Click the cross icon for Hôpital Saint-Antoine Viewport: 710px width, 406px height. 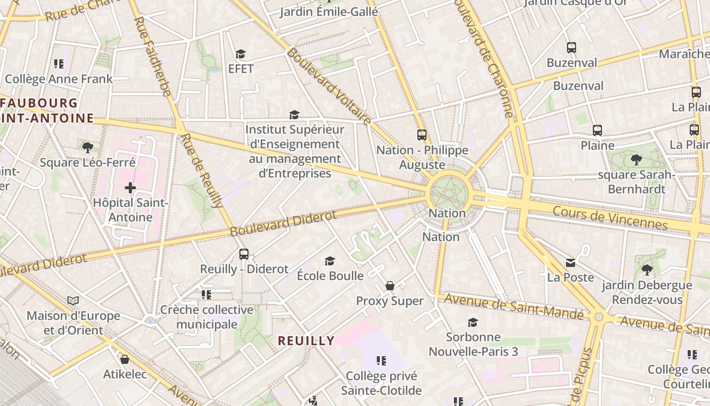tap(130, 188)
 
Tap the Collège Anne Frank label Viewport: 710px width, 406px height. tap(59, 79)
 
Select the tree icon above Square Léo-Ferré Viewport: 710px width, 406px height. tap(87, 148)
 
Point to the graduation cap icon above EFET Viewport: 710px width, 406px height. tap(240, 54)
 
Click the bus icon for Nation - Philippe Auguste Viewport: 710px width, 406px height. tap(422, 135)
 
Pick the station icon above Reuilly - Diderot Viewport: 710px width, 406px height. tap(244, 254)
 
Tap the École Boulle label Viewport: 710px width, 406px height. tap(330, 276)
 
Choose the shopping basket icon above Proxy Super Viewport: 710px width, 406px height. tap(389, 286)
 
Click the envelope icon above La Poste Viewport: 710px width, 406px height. tap(571, 262)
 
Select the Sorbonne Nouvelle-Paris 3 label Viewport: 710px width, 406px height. tap(473, 344)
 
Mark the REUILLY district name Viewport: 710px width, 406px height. tap(306, 341)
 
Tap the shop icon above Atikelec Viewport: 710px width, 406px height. tap(125, 359)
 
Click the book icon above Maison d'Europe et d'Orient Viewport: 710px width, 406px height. tap(73, 300)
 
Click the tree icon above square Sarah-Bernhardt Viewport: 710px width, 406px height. tap(636, 160)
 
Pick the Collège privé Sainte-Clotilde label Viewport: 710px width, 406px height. tap(381, 383)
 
